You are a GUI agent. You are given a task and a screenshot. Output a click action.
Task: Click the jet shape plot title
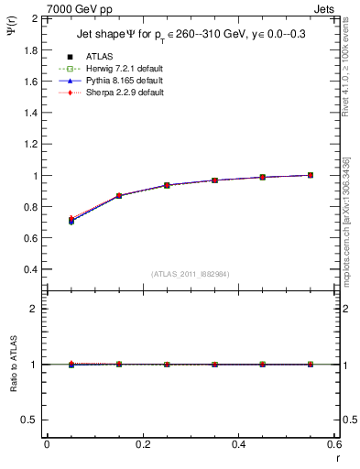point(194,36)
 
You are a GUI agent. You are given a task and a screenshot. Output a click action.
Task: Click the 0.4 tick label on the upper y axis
point(31,270)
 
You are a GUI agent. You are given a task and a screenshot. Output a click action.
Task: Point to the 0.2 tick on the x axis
point(142,444)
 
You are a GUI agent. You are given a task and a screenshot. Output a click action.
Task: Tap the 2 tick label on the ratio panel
point(35,310)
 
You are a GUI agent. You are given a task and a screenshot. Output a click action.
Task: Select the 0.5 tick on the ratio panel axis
point(31,420)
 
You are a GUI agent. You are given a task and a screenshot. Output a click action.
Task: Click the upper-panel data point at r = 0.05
point(71,220)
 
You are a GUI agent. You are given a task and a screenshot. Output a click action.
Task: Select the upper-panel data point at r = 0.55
point(311,175)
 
